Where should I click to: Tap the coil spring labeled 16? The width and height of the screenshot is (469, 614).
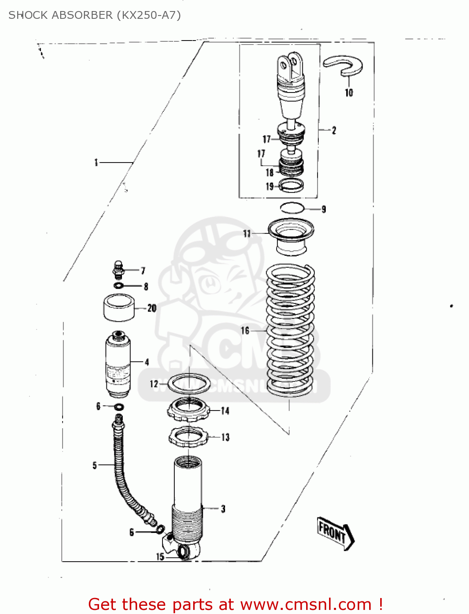[290, 330]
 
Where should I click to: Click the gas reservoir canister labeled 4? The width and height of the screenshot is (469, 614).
[118, 364]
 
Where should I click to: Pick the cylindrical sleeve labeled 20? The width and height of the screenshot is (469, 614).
[119, 308]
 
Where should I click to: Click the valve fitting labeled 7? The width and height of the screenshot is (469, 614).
[118, 269]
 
